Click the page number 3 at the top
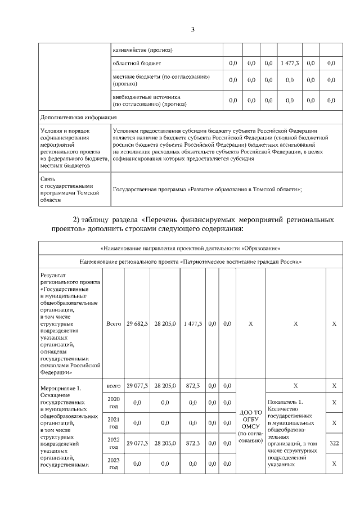(x=192, y=30)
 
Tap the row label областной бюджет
(x=137, y=64)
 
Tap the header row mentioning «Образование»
(x=190, y=248)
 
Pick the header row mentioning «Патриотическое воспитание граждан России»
(x=190, y=262)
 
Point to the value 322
(x=334, y=443)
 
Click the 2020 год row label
(x=114, y=403)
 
